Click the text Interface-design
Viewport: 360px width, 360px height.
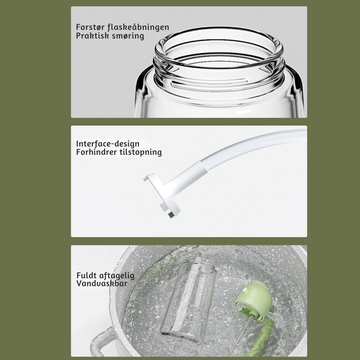pos(107,143)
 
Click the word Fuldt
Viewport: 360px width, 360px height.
pos(86,275)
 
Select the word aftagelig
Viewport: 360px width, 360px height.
pos(117,275)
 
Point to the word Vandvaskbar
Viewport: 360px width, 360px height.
pos(101,283)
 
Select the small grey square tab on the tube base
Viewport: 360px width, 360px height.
pos(171,215)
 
